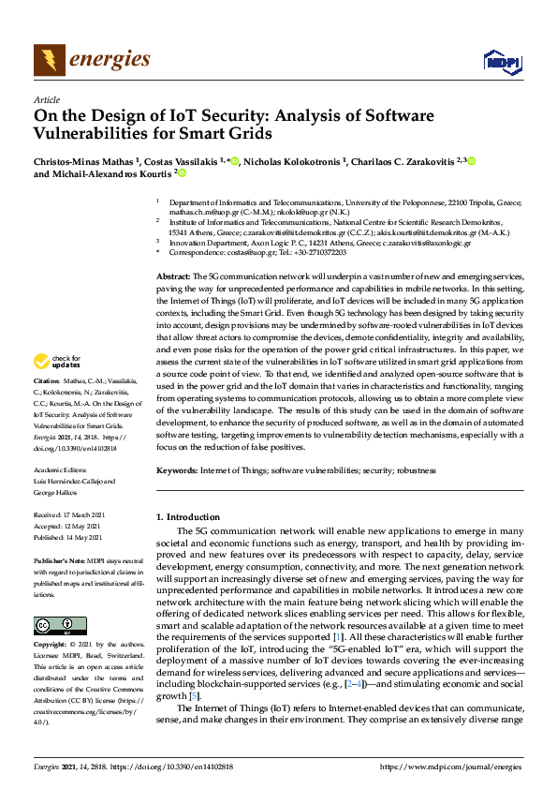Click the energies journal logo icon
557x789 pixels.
[50, 60]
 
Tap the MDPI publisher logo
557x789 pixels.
[501, 62]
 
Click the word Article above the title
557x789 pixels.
[46, 98]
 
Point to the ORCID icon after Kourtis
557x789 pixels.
[182, 173]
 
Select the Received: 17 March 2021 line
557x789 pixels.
[74, 515]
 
